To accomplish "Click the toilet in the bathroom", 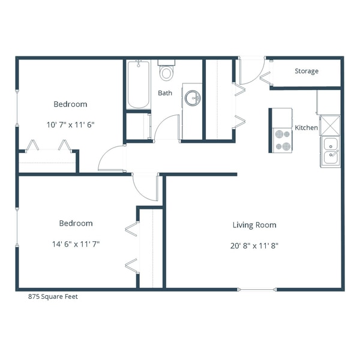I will tap(166, 72).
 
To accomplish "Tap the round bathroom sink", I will tap(192, 98).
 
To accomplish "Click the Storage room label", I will tap(306, 71).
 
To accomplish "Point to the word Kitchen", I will tap(306, 128).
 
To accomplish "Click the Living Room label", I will tap(254, 225).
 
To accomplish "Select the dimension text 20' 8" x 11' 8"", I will tap(254, 245).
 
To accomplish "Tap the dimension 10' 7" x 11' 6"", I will tap(70, 125).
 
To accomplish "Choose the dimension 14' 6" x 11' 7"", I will tap(76, 244).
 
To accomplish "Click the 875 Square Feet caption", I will tap(53, 296).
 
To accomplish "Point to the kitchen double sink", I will tap(329, 151).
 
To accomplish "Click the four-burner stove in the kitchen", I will tap(282, 140).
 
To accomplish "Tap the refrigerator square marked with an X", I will tap(329, 125).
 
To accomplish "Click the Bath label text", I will tap(165, 93).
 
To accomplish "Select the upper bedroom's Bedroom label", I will tap(70, 104).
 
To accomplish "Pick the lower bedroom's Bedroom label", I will tap(76, 223).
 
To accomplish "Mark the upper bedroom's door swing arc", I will tap(109, 160).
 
